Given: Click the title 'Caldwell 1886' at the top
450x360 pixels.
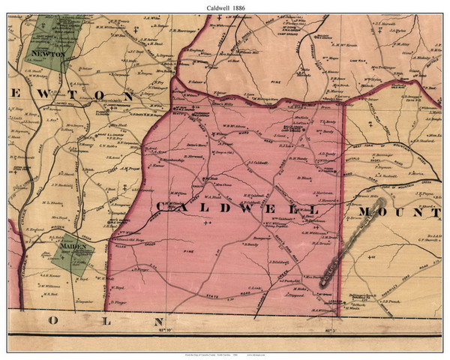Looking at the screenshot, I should pos(225,6).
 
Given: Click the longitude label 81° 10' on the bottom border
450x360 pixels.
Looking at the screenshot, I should pos(166,328).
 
